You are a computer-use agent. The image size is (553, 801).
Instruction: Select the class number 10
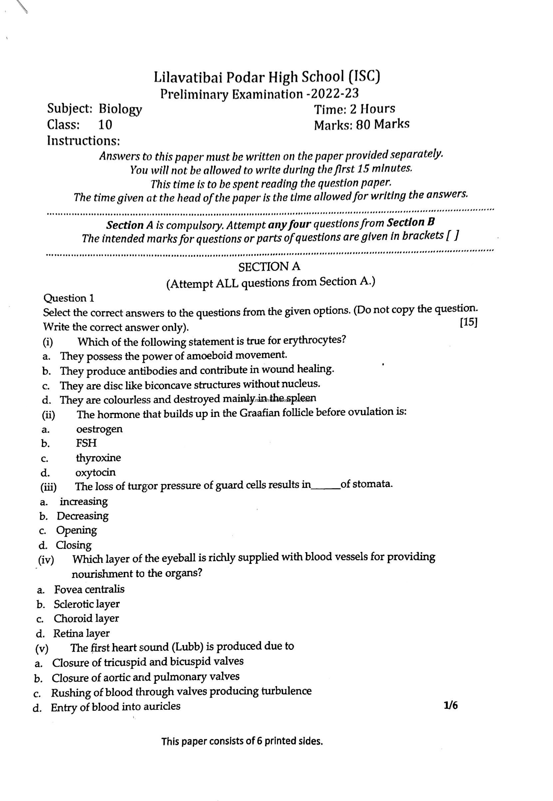tap(105, 125)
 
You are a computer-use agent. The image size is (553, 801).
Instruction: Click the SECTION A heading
tap(269, 267)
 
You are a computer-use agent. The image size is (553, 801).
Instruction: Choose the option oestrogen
tap(99, 429)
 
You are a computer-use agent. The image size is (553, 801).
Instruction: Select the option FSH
tap(86, 443)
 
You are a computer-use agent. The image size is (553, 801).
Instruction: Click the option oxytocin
tap(96, 472)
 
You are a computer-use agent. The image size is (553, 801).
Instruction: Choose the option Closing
tap(74, 545)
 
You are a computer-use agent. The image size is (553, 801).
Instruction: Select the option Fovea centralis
tap(89, 589)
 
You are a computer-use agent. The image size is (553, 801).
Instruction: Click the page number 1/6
tap(450, 705)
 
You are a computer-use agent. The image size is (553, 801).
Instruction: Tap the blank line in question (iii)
tap(325, 486)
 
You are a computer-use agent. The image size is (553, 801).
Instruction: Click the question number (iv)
tap(46, 560)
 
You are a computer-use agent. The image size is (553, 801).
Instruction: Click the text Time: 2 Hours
tap(354, 109)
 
